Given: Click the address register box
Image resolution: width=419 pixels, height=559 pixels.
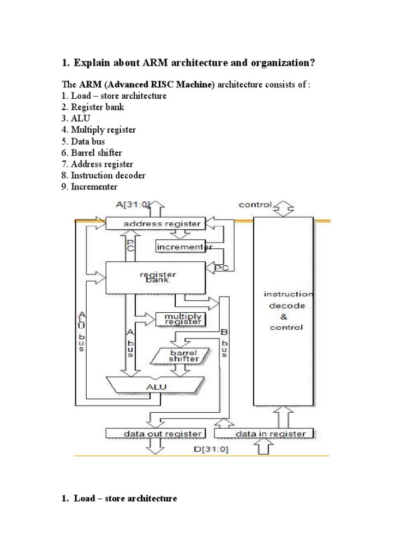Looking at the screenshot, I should [x=155, y=223].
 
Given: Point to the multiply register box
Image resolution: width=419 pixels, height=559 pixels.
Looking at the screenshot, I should [x=179, y=319].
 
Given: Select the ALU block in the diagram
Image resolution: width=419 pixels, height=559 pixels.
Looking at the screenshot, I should [x=155, y=386].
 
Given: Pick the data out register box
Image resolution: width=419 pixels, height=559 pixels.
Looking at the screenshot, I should [x=156, y=433].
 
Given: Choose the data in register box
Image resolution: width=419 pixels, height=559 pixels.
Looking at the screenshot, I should [x=264, y=433].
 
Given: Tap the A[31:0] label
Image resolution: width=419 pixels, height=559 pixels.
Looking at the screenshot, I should [x=133, y=204].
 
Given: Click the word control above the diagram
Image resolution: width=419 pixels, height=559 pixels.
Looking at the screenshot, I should [x=255, y=205].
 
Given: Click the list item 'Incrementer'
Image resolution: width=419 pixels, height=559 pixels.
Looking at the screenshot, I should [x=89, y=187].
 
